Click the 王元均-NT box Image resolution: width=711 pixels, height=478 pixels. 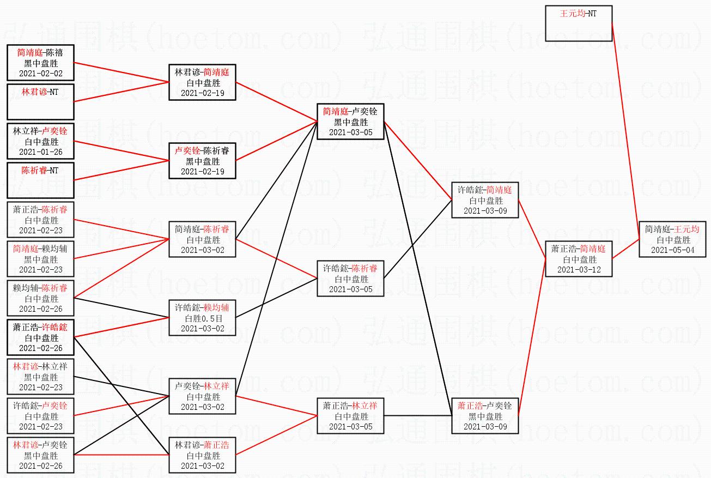[579, 23]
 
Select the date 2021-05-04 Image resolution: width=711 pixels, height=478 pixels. [673, 250]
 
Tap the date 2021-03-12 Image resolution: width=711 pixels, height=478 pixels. [579, 270]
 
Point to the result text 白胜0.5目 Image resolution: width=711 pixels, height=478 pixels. [203, 318]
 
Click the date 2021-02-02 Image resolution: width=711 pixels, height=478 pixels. [40, 74]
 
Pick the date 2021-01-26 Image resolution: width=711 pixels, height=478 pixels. [40, 152]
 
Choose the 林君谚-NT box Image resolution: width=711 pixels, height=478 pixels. [40, 101]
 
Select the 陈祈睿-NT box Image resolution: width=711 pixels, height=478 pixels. [40, 180]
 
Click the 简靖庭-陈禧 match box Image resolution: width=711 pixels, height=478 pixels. [40, 63]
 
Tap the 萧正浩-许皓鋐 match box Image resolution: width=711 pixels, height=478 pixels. [40, 337]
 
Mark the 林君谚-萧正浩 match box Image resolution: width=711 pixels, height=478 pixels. [203, 455]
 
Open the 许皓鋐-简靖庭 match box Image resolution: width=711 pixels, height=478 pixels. [485, 200]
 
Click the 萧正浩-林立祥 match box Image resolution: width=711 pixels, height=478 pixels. [350, 416]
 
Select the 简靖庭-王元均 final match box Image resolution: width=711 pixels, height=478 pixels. [673, 240]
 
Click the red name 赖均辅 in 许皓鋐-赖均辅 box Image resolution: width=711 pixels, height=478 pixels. [217, 308]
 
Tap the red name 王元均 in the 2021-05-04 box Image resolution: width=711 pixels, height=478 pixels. [688, 229]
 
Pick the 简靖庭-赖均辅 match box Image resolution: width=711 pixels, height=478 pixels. [40, 259]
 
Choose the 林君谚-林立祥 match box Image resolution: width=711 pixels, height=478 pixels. [40, 377]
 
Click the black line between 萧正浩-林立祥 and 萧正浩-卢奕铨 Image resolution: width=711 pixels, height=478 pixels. [418, 416]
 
